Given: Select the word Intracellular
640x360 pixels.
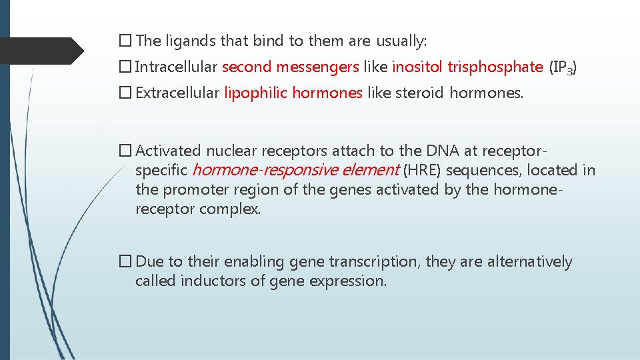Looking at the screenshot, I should click(177, 67).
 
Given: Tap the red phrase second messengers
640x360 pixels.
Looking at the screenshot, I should click(290, 67).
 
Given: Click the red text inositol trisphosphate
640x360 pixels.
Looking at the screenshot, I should click(467, 67).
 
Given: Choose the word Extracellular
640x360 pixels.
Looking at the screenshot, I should click(177, 93).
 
